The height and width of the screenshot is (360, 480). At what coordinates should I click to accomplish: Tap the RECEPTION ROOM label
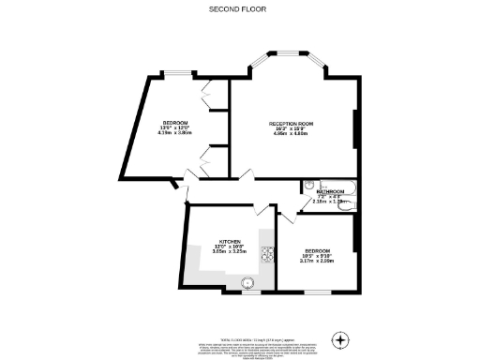(291, 122)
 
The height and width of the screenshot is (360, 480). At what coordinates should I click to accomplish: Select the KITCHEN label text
(232, 240)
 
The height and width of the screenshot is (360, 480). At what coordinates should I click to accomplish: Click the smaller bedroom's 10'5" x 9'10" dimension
(318, 255)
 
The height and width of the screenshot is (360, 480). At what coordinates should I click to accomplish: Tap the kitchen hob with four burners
(266, 254)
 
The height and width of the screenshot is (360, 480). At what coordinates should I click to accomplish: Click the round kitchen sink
(248, 281)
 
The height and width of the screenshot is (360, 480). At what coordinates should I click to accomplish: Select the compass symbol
(341, 339)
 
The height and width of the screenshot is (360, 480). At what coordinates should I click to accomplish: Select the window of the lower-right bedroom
(315, 292)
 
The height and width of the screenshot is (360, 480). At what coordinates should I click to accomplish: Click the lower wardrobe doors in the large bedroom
(208, 161)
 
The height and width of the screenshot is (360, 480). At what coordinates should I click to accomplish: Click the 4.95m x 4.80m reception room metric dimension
(291, 133)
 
